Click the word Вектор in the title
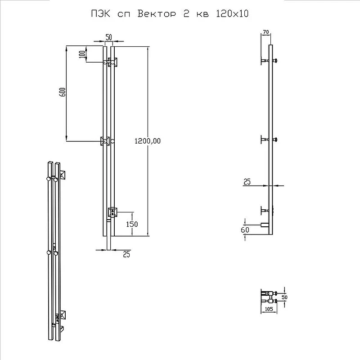click(157, 14)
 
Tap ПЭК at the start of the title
click(100, 14)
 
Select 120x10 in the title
click(232, 14)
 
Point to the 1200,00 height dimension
click(148, 141)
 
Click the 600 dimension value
click(63, 92)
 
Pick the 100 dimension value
click(82, 54)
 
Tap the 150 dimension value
click(132, 224)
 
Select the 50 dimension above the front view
click(108, 37)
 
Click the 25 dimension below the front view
click(126, 254)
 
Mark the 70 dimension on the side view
click(265, 32)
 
